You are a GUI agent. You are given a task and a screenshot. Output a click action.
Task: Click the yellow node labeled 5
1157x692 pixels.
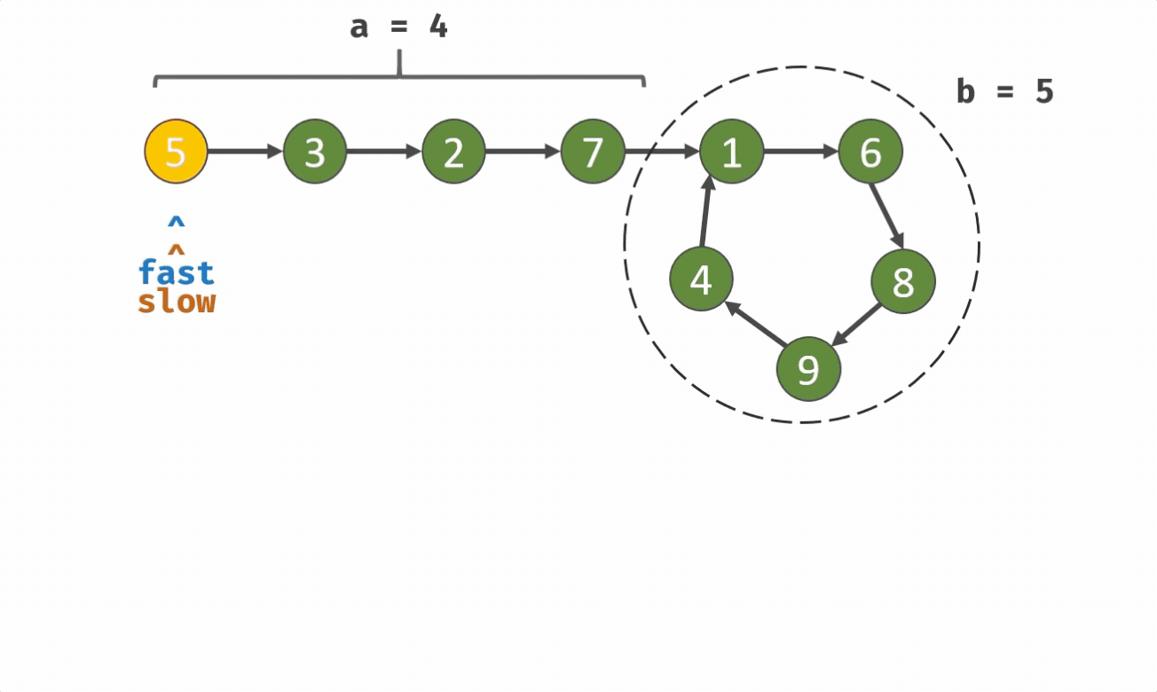tap(176, 152)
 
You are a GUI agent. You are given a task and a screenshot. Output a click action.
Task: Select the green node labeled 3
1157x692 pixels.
tap(315, 152)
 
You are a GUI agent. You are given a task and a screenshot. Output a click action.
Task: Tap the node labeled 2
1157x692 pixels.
tap(453, 152)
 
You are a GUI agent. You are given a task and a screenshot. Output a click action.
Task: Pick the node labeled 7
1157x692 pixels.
tap(593, 152)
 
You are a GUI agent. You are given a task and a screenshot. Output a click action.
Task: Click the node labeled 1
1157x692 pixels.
tap(731, 152)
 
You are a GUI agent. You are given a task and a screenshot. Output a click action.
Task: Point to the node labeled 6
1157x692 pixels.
tap(870, 152)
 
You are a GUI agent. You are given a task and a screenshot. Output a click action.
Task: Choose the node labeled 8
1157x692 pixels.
tap(903, 281)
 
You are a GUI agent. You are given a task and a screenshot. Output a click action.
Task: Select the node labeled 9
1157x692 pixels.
tap(808, 368)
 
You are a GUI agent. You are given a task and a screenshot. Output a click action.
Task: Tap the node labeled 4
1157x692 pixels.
tap(701, 279)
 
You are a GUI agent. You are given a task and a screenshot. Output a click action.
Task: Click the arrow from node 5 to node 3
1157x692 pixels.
tap(245, 152)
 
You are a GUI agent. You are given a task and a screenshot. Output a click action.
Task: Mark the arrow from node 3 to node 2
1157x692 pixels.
tap(383, 152)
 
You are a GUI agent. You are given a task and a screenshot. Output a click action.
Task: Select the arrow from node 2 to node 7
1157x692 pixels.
tap(523, 152)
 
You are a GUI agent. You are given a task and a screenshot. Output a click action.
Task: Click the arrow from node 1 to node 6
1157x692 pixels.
tap(800, 152)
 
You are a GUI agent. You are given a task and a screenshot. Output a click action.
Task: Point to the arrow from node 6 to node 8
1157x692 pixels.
tap(886, 216)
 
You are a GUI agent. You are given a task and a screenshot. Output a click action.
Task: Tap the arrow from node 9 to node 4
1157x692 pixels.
tap(755, 324)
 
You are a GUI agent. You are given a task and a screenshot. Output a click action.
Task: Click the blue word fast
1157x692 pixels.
tap(177, 271)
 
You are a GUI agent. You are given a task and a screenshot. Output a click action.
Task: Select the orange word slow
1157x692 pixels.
tap(177, 301)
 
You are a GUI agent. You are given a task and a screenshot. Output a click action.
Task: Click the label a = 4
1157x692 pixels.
tap(399, 26)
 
